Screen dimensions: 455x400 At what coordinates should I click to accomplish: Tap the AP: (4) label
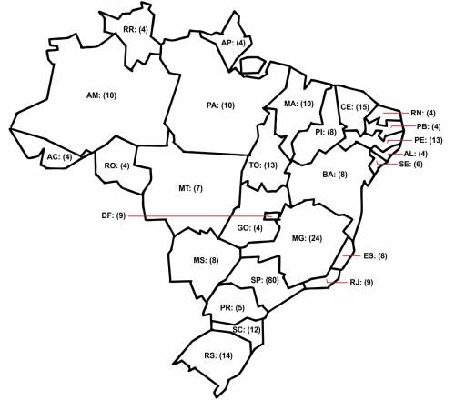(234, 43)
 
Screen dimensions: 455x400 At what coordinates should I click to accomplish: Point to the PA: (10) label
(221, 105)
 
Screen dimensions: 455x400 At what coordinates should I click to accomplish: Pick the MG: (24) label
(305, 238)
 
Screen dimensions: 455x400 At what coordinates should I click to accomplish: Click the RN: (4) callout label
(423, 113)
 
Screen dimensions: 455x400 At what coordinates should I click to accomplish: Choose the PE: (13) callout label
(427, 141)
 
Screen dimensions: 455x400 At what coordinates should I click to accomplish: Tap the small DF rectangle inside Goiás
(269, 215)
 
